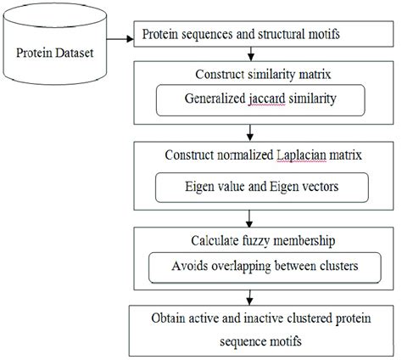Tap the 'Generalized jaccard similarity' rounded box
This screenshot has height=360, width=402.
[248, 99]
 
